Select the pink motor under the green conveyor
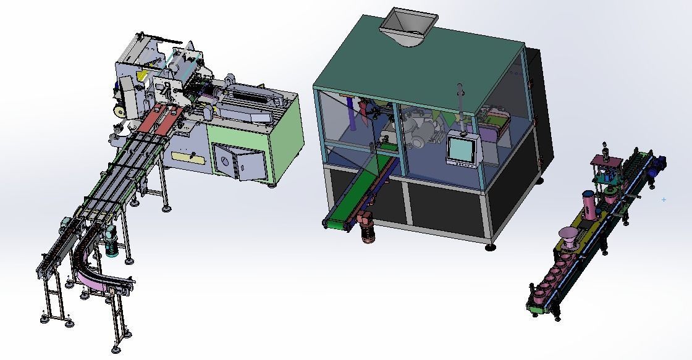click(x=368, y=232)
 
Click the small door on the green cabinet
click(x=237, y=162)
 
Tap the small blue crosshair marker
click(x=664, y=199)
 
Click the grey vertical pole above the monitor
click(x=460, y=102)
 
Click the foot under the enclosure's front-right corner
click(x=490, y=246)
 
